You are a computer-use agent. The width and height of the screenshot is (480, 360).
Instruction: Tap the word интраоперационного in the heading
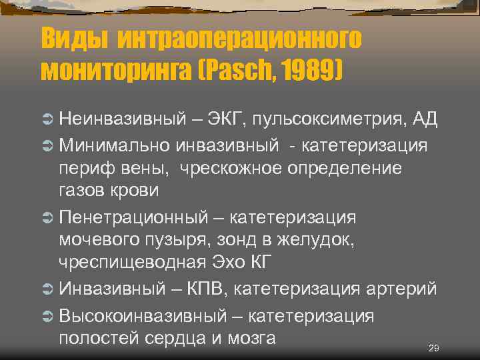tap(240, 38)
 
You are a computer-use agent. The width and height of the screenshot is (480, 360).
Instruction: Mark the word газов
tap(83, 191)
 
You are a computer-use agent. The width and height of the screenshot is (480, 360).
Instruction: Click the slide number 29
tap(433, 348)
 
